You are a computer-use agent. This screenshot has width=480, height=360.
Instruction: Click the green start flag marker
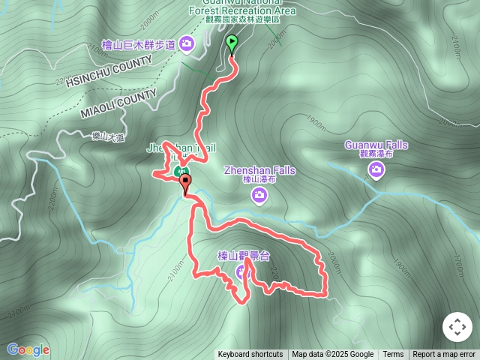[x=232, y=43]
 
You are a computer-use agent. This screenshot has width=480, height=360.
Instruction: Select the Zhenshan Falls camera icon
[x=259, y=196]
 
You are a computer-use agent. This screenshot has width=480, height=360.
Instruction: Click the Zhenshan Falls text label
[x=259, y=171]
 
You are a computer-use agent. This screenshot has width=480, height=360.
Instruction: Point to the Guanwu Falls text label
[x=376, y=145]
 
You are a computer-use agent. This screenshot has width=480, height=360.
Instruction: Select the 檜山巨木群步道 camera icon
[x=187, y=45]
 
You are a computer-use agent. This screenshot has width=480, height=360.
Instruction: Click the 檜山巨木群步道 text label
[x=139, y=46]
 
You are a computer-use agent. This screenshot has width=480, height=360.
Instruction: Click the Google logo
[x=28, y=349]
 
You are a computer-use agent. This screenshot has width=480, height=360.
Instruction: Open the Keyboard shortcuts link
[x=250, y=355]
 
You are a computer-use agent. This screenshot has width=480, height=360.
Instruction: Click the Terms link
[x=393, y=355]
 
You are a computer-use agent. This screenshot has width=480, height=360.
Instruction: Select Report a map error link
[x=445, y=355]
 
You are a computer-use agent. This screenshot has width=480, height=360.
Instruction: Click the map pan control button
[x=457, y=328]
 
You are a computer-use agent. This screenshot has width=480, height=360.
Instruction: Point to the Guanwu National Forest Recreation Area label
[x=241, y=10]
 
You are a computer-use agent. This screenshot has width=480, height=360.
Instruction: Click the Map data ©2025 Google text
[x=332, y=355]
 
